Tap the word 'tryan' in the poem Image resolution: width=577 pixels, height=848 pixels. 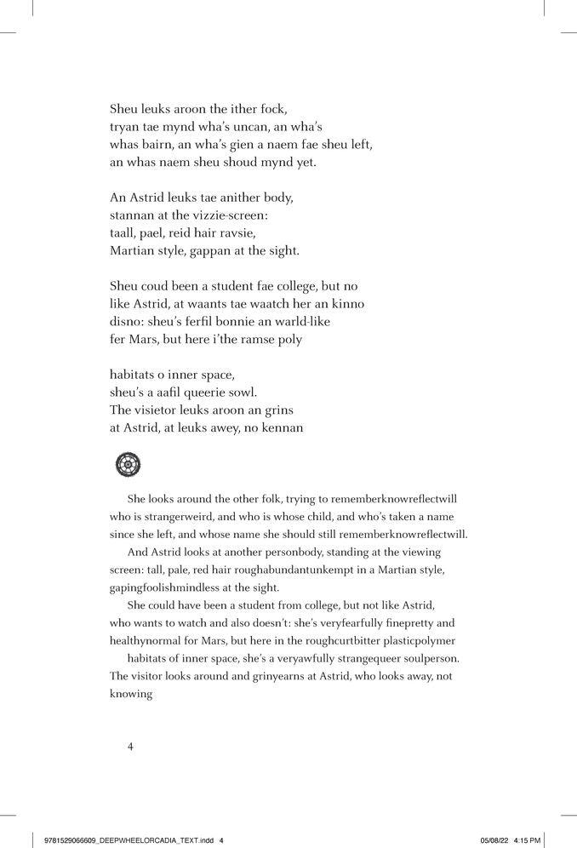tap(125, 127)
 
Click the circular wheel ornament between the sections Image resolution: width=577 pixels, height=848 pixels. tap(128, 465)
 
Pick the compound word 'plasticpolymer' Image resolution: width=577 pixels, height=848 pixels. tap(414, 639)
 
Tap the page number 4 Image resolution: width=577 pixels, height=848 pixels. tap(130, 747)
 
